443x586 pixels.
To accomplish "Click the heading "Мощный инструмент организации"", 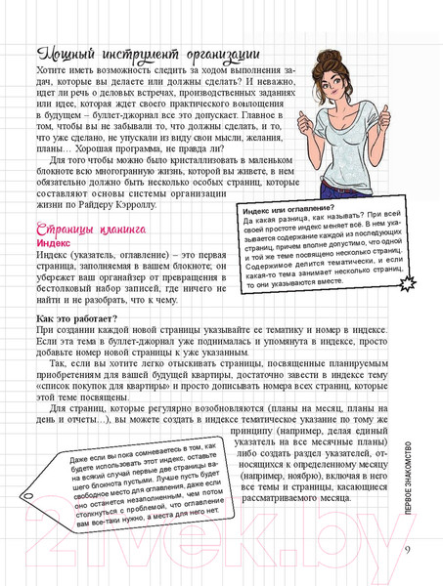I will click(146, 56).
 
